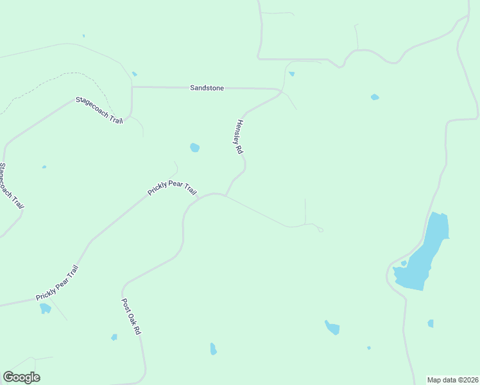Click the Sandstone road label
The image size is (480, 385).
(x=207, y=88)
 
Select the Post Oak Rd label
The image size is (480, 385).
(x=131, y=316)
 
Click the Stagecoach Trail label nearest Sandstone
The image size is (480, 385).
(x=99, y=110)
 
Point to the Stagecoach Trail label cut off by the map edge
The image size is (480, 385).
(x=10, y=186)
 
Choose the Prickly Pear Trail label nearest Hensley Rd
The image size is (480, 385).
(x=172, y=189)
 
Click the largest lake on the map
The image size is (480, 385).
(x=424, y=254)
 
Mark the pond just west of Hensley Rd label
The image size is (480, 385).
(x=194, y=148)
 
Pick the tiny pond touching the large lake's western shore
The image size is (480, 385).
(x=404, y=263)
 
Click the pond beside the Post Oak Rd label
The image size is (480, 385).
(x=114, y=337)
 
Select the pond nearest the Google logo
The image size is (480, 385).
(x=45, y=309)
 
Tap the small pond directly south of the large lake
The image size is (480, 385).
(x=431, y=323)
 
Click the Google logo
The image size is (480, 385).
(x=21, y=377)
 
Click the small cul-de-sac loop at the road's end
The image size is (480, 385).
(x=320, y=230)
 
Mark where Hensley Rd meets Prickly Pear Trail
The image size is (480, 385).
(x=225, y=195)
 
